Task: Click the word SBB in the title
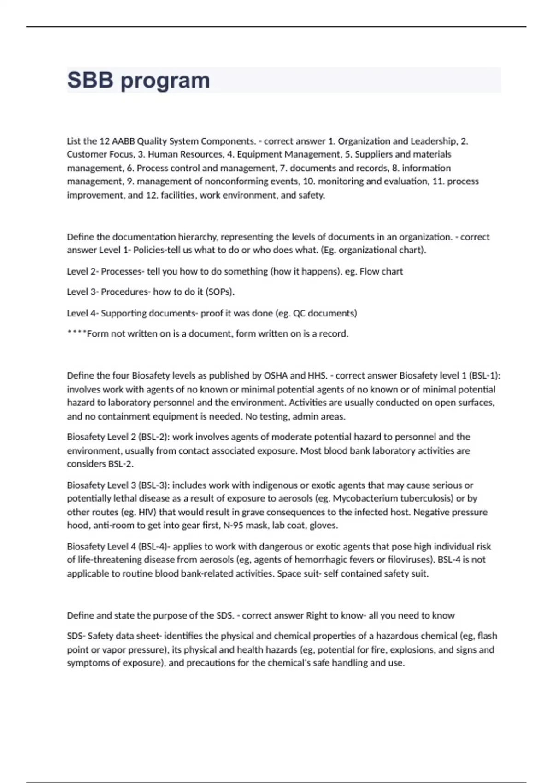click(90, 80)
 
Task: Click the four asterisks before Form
click(76, 333)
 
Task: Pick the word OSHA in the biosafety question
click(275, 375)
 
